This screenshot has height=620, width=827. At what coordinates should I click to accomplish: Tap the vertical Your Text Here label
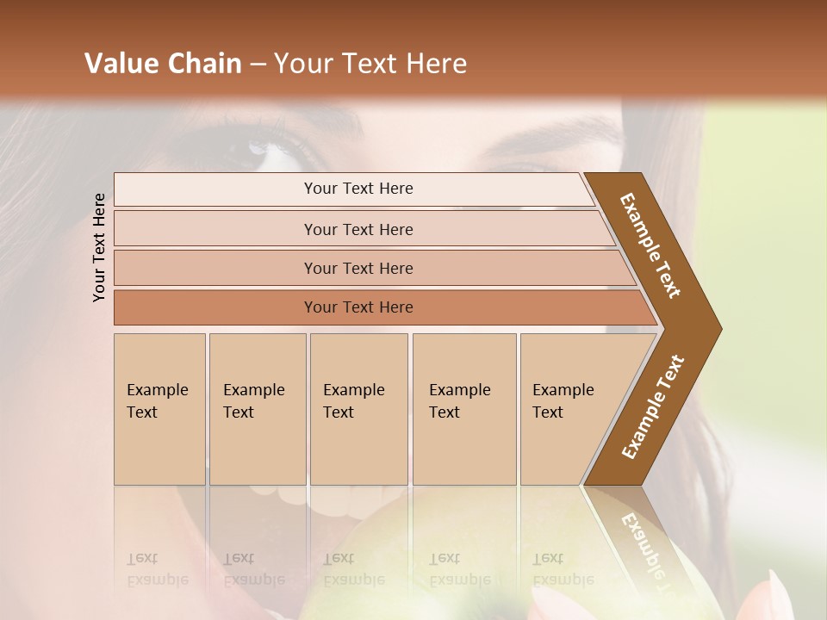pos(99,247)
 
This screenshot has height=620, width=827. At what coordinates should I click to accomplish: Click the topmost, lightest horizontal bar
pos(358,189)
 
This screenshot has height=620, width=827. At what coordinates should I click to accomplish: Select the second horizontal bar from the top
pos(358,229)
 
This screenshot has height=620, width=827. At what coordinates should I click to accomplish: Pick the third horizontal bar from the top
pos(358,268)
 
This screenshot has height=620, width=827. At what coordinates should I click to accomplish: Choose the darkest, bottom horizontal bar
pos(358,307)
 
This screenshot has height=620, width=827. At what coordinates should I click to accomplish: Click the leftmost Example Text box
pos(159,409)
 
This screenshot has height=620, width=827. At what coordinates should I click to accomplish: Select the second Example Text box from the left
pos(258,409)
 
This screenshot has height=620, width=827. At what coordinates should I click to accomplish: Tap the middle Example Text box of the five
pos(358,409)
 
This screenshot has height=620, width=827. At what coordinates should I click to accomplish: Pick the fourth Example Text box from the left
pos(464,409)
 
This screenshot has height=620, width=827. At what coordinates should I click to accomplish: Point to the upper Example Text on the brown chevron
pos(651,245)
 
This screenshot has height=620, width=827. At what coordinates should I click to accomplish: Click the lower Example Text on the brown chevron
pos(653,406)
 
